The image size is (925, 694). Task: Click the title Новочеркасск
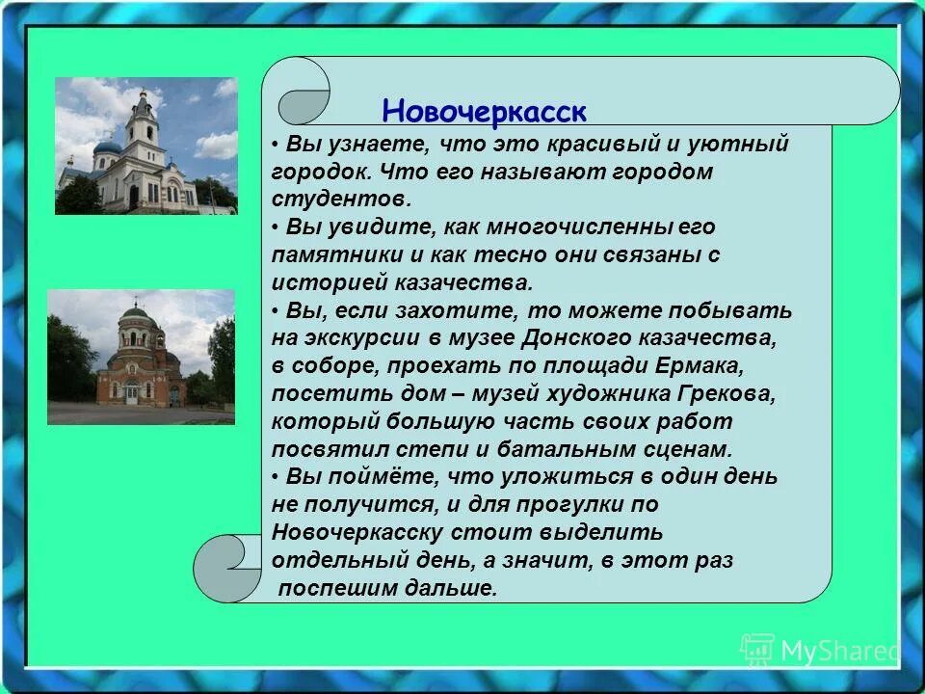click(484, 111)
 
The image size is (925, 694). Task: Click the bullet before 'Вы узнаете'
click(276, 145)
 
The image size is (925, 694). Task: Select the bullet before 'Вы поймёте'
click(276, 477)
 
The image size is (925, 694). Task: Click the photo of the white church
click(145, 146)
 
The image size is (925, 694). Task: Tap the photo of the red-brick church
click(141, 357)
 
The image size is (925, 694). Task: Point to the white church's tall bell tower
click(143, 120)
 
